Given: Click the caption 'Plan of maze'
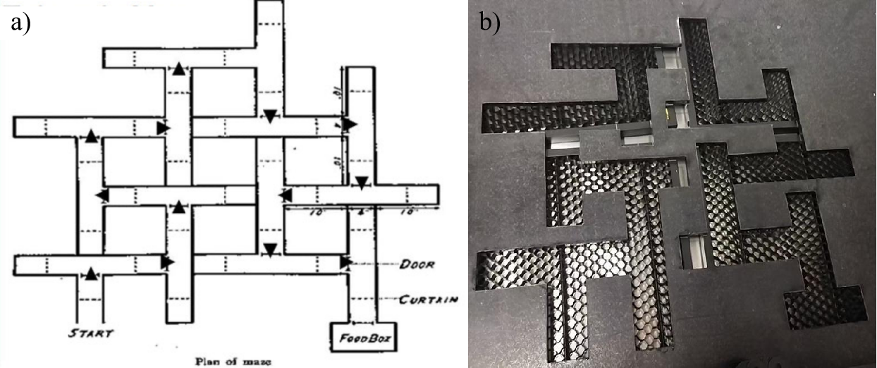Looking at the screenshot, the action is (x=230, y=362).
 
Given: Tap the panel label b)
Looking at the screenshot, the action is (x=489, y=22).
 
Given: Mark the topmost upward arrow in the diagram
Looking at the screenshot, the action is (x=179, y=68).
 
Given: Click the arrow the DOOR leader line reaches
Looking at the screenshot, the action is (x=345, y=263).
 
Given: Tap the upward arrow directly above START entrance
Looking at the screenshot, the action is (x=92, y=274).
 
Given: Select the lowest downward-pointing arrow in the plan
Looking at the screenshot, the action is (x=269, y=248).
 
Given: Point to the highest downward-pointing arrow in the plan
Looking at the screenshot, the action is (x=269, y=116).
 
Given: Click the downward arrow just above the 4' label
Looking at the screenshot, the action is (x=362, y=183).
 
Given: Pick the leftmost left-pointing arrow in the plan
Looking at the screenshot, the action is (x=102, y=195).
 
